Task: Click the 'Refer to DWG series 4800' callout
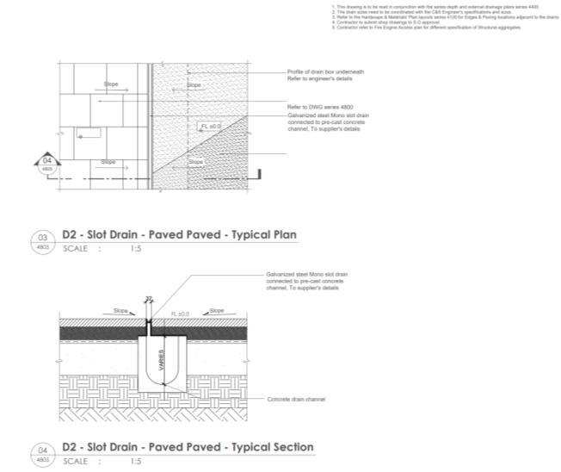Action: [x=311, y=105]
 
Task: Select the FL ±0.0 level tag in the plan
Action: [x=210, y=126]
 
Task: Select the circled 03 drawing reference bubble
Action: [x=41, y=240]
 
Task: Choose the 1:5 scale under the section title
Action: [x=136, y=462]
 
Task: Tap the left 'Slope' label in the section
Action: [x=122, y=310]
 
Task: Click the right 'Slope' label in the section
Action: [x=217, y=310]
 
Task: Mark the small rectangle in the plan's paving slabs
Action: [x=86, y=134]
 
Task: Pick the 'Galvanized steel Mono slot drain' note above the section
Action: [x=306, y=279]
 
